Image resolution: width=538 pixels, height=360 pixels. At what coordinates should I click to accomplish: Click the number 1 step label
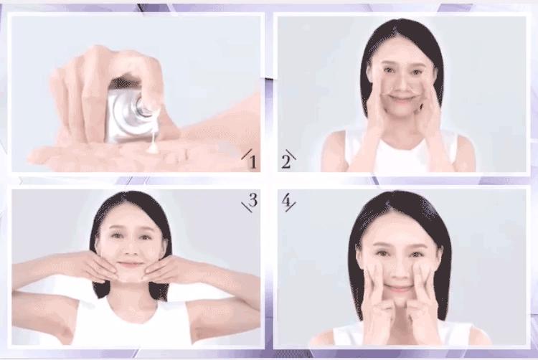coord(253,162)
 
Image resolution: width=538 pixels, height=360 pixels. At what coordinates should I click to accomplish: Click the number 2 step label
coord(285,162)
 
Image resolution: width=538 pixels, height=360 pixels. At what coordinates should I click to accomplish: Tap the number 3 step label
coord(253,201)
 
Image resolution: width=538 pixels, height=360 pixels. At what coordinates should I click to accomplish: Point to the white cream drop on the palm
coord(152,148)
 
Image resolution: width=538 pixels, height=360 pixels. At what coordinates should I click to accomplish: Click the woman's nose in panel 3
coord(129,250)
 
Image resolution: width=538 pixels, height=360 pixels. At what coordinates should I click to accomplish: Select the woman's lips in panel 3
coord(128,265)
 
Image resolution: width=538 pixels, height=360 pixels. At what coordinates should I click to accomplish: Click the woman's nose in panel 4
coord(398,270)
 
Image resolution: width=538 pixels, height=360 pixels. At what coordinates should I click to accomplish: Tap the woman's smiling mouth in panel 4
coord(398,289)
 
